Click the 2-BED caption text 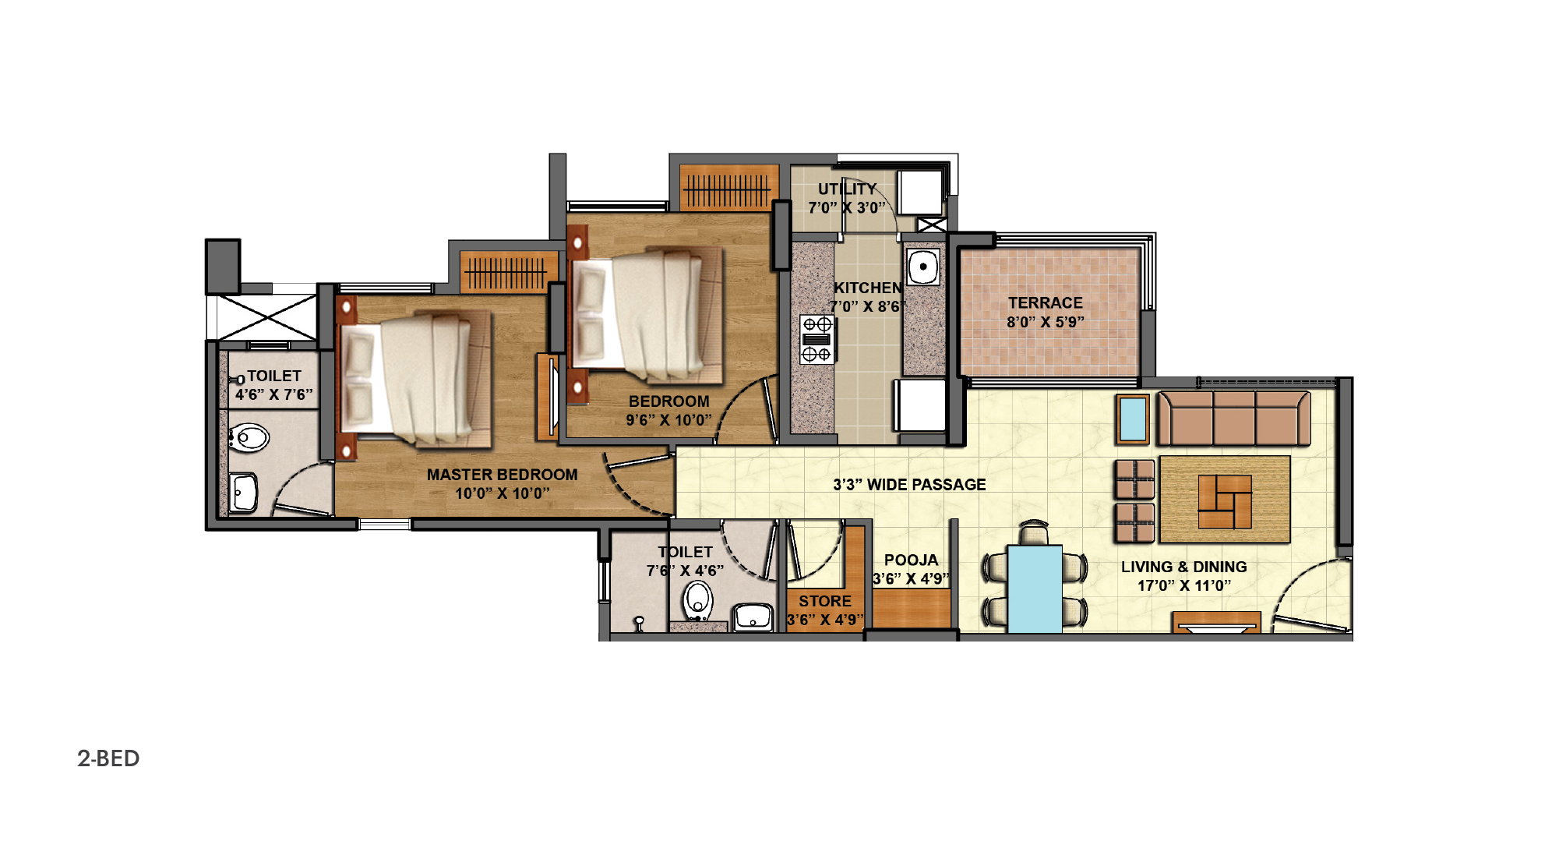point(108,758)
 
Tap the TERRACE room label point(1046,303)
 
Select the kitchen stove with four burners point(817,339)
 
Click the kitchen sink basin point(923,267)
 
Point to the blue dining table point(1035,589)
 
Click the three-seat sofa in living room point(1233,418)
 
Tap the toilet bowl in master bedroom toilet point(249,437)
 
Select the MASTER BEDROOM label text point(502,475)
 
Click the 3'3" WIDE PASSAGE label point(909,485)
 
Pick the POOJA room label point(911,560)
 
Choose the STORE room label point(825,601)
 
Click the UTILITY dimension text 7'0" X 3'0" point(847,208)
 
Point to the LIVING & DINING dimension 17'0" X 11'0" point(1184,585)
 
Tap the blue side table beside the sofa point(1132,419)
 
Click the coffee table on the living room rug point(1225,502)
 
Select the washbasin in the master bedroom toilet point(243,493)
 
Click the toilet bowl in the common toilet point(698,602)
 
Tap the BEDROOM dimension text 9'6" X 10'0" point(669,420)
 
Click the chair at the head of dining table point(1034,533)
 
